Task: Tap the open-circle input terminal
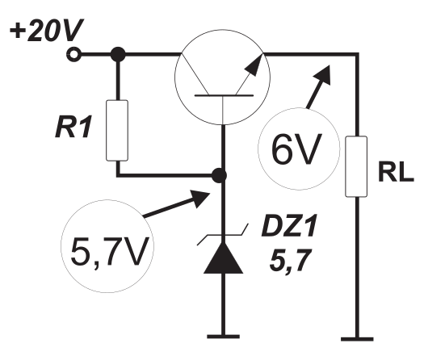pyautogui.click(x=73, y=55)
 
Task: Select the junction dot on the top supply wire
pyautogui.click(x=118, y=55)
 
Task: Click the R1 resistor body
pyautogui.click(x=117, y=131)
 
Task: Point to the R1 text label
pyautogui.click(x=73, y=128)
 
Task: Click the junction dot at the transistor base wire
pyautogui.click(x=219, y=176)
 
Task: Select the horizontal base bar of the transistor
pyautogui.click(x=224, y=95)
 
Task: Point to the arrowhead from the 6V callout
pyautogui.click(x=323, y=74)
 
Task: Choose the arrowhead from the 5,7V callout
pyautogui.click(x=200, y=198)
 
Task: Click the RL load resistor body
pyautogui.click(x=356, y=166)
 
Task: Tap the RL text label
pyautogui.click(x=396, y=173)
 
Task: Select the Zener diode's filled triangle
pyautogui.click(x=223, y=257)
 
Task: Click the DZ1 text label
pyautogui.click(x=289, y=226)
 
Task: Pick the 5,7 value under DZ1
pyautogui.click(x=289, y=260)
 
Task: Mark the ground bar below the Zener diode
pyautogui.click(x=223, y=337)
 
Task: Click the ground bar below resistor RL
pyautogui.click(x=357, y=339)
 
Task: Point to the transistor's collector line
pyautogui.click(x=195, y=74)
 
